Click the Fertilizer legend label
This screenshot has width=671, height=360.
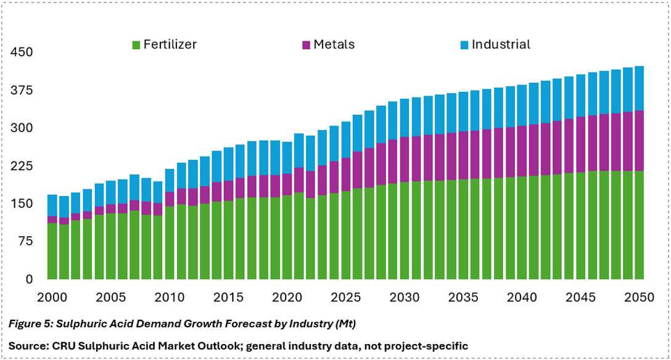tap(170, 44)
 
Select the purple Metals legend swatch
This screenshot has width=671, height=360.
tap(306, 45)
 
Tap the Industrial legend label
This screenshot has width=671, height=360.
tap(501, 44)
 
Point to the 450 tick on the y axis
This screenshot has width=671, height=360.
tap(22, 52)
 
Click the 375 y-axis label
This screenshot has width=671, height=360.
tap(22, 90)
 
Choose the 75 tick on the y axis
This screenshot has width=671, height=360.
tap(25, 242)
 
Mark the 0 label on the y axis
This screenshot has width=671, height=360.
tap(29, 279)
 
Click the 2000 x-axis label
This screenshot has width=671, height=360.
tap(52, 297)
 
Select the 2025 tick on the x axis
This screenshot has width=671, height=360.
tap(346, 297)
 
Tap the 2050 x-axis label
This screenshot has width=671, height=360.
tap(640, 297)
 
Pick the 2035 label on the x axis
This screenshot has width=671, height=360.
tap(463, 297)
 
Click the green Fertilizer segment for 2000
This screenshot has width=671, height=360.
tap(52, 251)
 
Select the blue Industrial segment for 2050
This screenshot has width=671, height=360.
tap(639, 89)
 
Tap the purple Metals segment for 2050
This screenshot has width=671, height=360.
tap(639, 141)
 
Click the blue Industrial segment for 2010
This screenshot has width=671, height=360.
tap(170, 181)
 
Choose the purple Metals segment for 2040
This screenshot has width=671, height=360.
tap(522, 152)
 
